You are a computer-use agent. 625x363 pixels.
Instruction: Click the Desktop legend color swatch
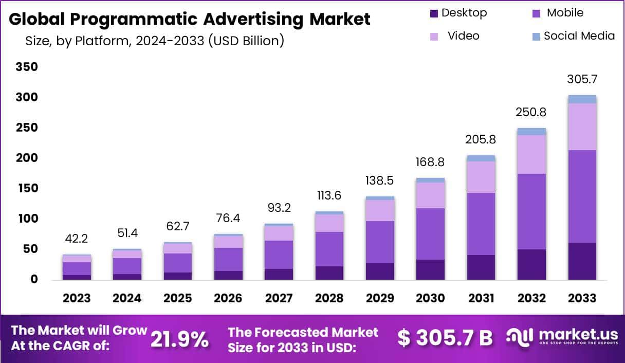(434, 13)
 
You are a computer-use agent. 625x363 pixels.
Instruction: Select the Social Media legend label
(579, 36)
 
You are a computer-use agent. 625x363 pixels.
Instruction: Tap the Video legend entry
(463, 36)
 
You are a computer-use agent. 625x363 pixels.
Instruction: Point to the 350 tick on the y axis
(27, 67)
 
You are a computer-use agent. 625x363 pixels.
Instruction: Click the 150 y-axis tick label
(27, 188)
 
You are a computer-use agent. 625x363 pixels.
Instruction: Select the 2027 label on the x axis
(279, 298)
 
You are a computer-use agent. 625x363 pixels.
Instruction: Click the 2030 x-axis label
(430, 298)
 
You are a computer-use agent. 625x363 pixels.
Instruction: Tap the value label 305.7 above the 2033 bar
(582, 80)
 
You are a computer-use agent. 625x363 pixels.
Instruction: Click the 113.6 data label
(329, 196)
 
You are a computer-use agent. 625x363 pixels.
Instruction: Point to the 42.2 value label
(77, 239)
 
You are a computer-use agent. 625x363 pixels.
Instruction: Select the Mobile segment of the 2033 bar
(582, 195)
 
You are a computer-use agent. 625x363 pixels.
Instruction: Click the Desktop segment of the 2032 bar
(531, 264)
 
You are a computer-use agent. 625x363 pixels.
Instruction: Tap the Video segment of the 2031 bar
(481, 177)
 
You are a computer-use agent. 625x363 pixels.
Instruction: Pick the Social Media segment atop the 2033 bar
(582, 99)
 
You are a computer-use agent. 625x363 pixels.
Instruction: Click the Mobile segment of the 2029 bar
(380, 242)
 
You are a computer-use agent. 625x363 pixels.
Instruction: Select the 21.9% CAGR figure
(179, 339)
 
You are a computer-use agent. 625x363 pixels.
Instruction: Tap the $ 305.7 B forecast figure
(445, 338)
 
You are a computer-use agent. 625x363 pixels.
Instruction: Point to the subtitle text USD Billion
(245, 41)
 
